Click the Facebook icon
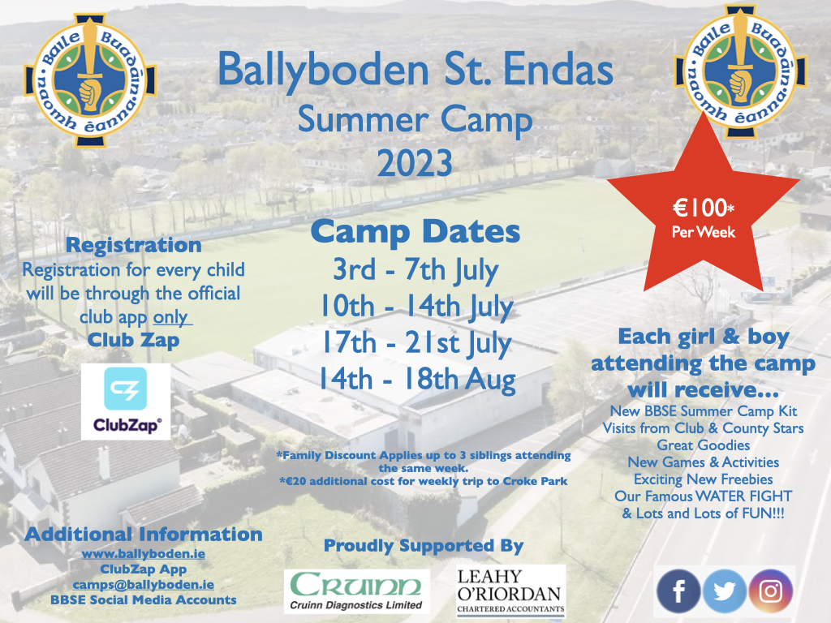click(678, 591)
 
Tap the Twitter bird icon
click(725, 591)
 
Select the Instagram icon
click(771, 591)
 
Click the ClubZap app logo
click(126, 401)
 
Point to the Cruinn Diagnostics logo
click(357, 591)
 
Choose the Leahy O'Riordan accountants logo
click(511, 591)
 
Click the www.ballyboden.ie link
click(143, 554)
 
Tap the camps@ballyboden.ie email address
click(143, 585)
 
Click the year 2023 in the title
click(415, 163)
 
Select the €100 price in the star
click(704, 208)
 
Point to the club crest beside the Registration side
click(90, 80)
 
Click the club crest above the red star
click(740, 71)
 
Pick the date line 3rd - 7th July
click(415, 270)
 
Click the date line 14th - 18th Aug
click(416, 380)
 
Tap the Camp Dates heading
click(415, 231)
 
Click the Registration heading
click(134, 245)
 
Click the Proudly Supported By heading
click(424, 546)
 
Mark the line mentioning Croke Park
click(424, 482)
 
